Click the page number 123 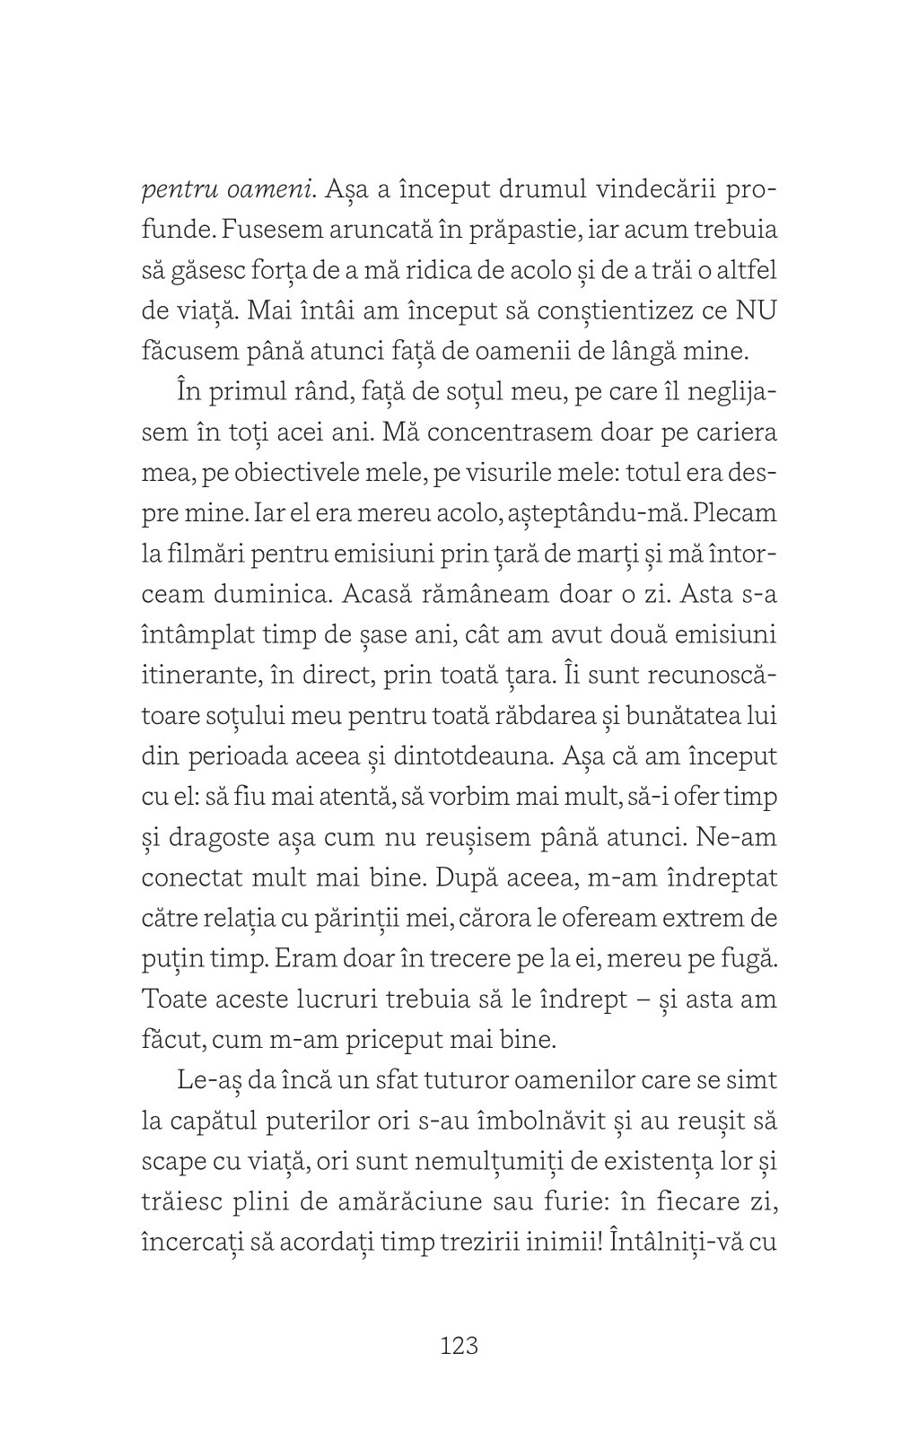(459, 1346)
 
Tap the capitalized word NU (756, 310)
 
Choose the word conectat (194, 877)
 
